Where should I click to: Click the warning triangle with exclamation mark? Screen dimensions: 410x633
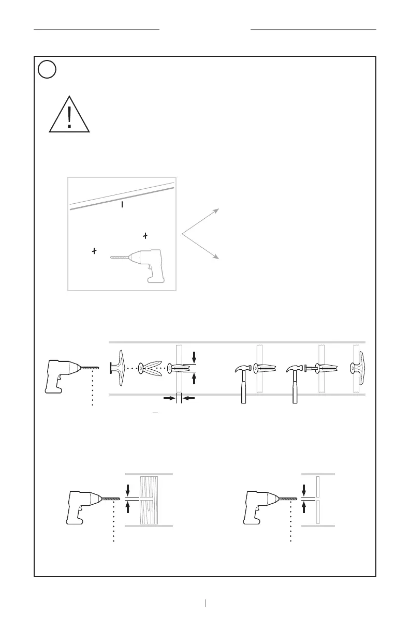point(70,115)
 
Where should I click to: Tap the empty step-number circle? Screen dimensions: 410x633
point(47,70)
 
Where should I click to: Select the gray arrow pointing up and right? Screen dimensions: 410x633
point(202,221)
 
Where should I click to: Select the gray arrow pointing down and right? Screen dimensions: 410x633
point(202,246)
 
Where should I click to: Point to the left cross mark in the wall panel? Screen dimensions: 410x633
point(94,251)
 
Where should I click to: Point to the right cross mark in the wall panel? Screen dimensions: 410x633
point(145,236)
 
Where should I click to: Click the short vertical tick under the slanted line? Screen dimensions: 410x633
point(122,205)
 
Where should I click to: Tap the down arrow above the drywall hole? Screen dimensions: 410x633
point(303,489)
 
